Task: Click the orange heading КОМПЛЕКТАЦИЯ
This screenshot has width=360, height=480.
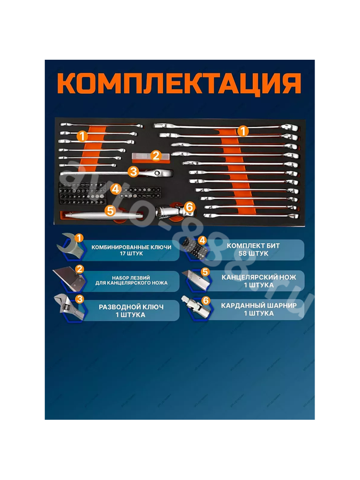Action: tap(179, 84)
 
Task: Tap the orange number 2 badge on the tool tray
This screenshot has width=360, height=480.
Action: tap(156, 155)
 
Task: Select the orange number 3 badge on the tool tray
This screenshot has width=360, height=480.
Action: tap(133, 171)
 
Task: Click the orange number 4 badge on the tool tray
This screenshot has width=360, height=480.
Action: tap(115, 189)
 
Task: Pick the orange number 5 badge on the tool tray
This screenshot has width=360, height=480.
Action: tap(110, 211)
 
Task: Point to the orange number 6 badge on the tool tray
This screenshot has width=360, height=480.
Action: tap(189, 207)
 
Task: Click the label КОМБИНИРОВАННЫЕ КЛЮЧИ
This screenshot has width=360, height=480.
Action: tap(131, 247)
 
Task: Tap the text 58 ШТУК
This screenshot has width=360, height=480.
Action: tap(253, 253)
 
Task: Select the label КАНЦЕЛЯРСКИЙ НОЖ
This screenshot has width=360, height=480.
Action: tap(259, 277)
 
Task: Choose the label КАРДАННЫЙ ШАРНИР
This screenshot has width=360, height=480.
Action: tap(259, 306)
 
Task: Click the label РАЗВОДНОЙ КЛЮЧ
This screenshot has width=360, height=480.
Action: tap(131, 307)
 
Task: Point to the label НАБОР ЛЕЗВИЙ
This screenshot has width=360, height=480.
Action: tap(131, 278)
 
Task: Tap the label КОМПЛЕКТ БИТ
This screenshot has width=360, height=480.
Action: tap(253, 245)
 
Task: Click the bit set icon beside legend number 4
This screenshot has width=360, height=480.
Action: tap(195, 249)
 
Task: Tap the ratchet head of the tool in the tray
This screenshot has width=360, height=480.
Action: tap(158, 173)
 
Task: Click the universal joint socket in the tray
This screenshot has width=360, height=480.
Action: tap(172, 211)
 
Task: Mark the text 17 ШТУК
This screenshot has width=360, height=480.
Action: tap(131, 253)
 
